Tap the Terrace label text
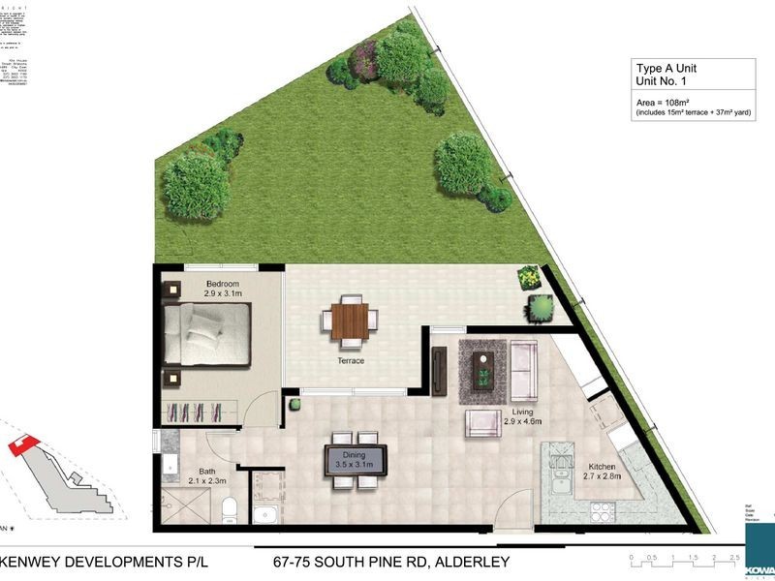click(351, 361)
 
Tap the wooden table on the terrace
click(351, 321)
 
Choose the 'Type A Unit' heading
click(666, 69)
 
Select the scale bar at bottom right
click(684, 565)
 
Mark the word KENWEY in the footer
click(42, 561)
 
